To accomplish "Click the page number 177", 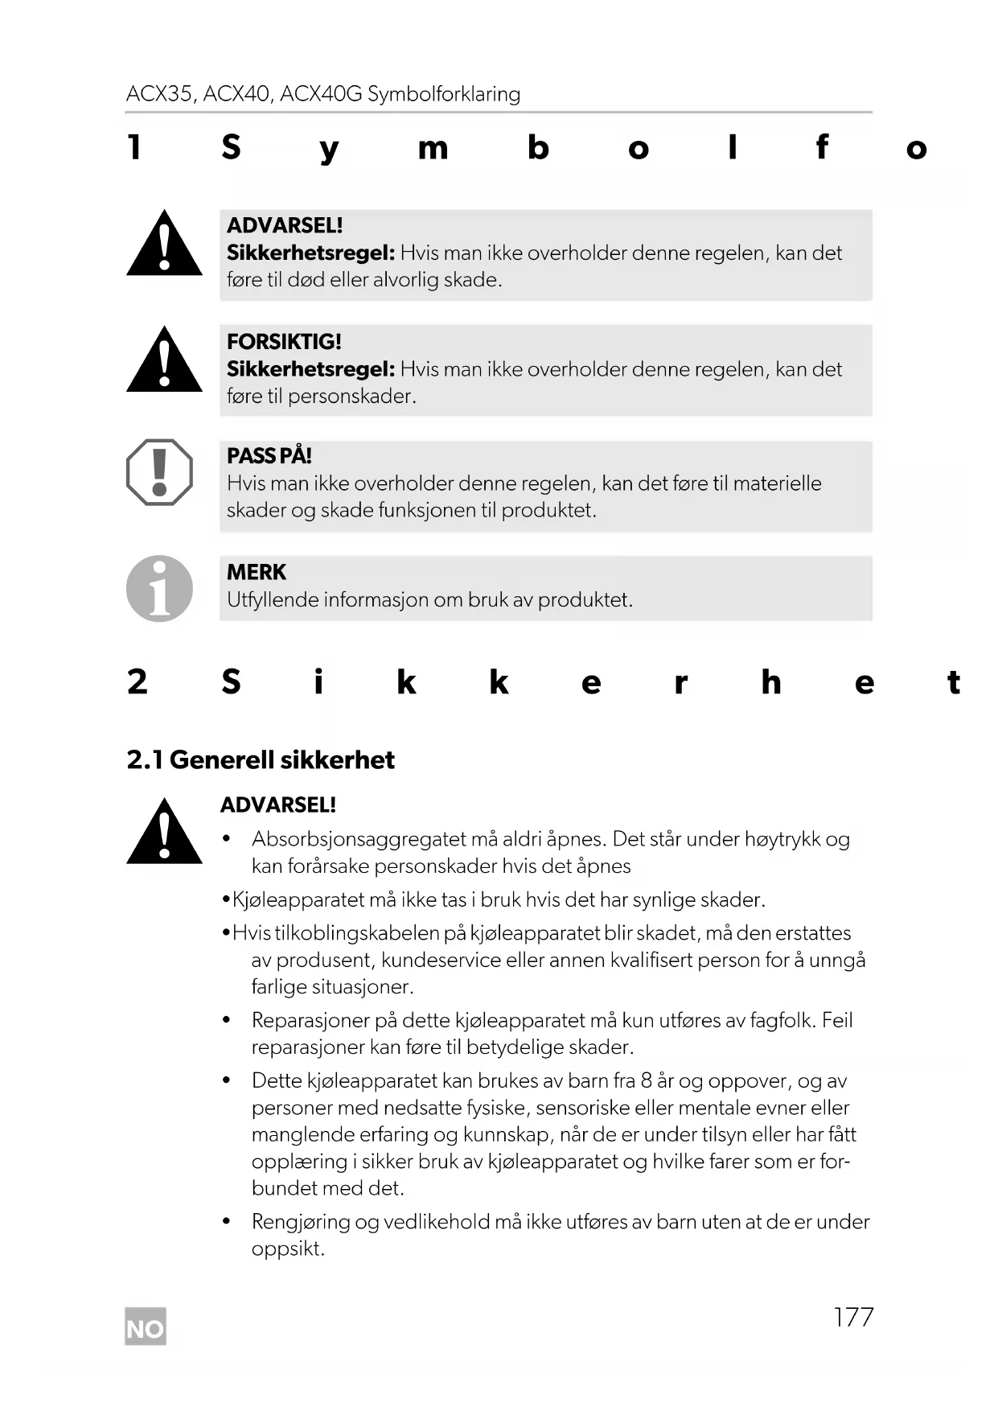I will click(853, 1317).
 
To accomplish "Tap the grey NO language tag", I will click(146, 1328).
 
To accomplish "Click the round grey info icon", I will click(159, 588).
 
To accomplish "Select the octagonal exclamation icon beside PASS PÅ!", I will click(159, 472).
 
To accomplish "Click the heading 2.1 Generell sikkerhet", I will click(261, 759).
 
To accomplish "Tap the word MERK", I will click(256, 572).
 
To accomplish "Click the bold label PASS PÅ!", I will click(269, 456).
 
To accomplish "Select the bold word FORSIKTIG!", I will click(284, 341).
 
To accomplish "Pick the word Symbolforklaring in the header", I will click(444, 94).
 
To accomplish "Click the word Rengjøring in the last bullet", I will click(301, 1221).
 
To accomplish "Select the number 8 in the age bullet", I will click(646, 1080).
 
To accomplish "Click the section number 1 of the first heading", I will click(134, 148).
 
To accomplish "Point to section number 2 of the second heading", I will click(137, 682).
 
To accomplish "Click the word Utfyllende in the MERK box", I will click(272, 599).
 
